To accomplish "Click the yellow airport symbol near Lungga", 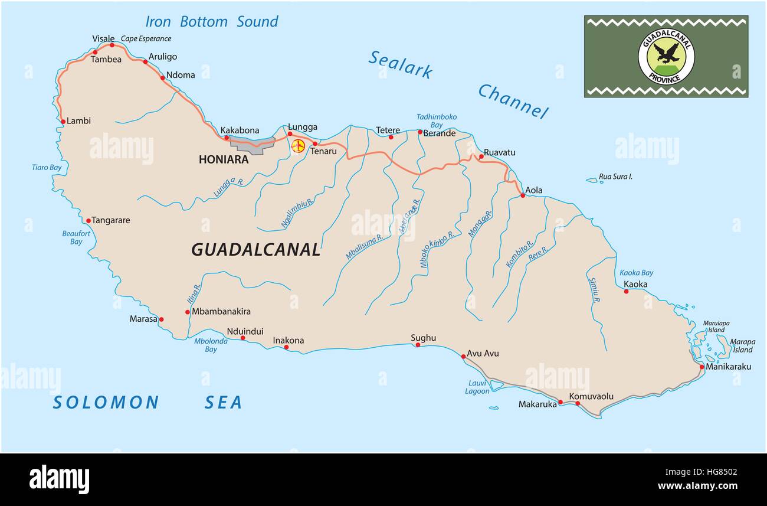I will [x=298, y=146].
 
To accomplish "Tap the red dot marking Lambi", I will [x=63, y=122].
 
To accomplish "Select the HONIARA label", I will [x=223, y=159].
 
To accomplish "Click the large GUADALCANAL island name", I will [x=255, y=249].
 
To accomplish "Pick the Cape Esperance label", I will [x=146, y=39].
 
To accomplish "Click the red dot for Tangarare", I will [x=88, y=221].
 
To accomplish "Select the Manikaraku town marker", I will [x=702, y=367].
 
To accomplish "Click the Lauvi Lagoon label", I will [x=477, y=387].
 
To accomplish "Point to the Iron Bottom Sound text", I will [x=211, y=22].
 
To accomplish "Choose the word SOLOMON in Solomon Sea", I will [x=106, y=403].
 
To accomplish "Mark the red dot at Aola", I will [x=522, y=195].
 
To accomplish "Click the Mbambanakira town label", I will [x=221, y=311].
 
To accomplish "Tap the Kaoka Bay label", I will [x=636, y=273].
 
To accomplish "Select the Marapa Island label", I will [x=742, y=345].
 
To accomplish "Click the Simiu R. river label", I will [x=594, y=290].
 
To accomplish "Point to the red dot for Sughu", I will [x=418, y=344].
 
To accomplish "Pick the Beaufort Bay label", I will [x=76, y=237].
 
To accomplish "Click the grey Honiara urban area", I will [x=251, y=143].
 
